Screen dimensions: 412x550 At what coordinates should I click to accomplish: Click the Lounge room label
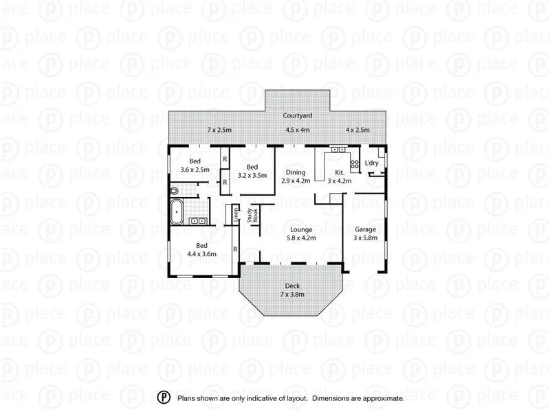(x=301, y=230)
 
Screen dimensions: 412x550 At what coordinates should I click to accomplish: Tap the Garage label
(x=364, y=229)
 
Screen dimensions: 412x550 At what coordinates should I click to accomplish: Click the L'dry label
(x=372, y=163)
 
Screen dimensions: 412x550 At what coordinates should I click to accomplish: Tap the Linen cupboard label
(x=236, y=214)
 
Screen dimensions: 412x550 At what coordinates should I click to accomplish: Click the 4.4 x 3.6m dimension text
(x=202, y=254)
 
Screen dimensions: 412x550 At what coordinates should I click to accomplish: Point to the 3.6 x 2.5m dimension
(x=195, y=170)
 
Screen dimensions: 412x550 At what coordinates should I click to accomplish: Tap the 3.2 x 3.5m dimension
(x=252, y=175)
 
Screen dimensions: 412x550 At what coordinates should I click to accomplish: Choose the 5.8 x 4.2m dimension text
(x=301, y=238)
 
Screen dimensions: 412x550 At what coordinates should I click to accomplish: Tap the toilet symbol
(x=174, y=192)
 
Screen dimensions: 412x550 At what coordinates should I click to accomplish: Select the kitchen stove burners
(x=355, y=164)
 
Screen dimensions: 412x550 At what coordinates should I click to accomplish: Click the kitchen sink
(x=338, y=149)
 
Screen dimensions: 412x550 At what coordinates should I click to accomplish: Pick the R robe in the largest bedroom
(x=235, y=249)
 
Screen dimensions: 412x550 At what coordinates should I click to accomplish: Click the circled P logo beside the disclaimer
(x=164, y=398)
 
